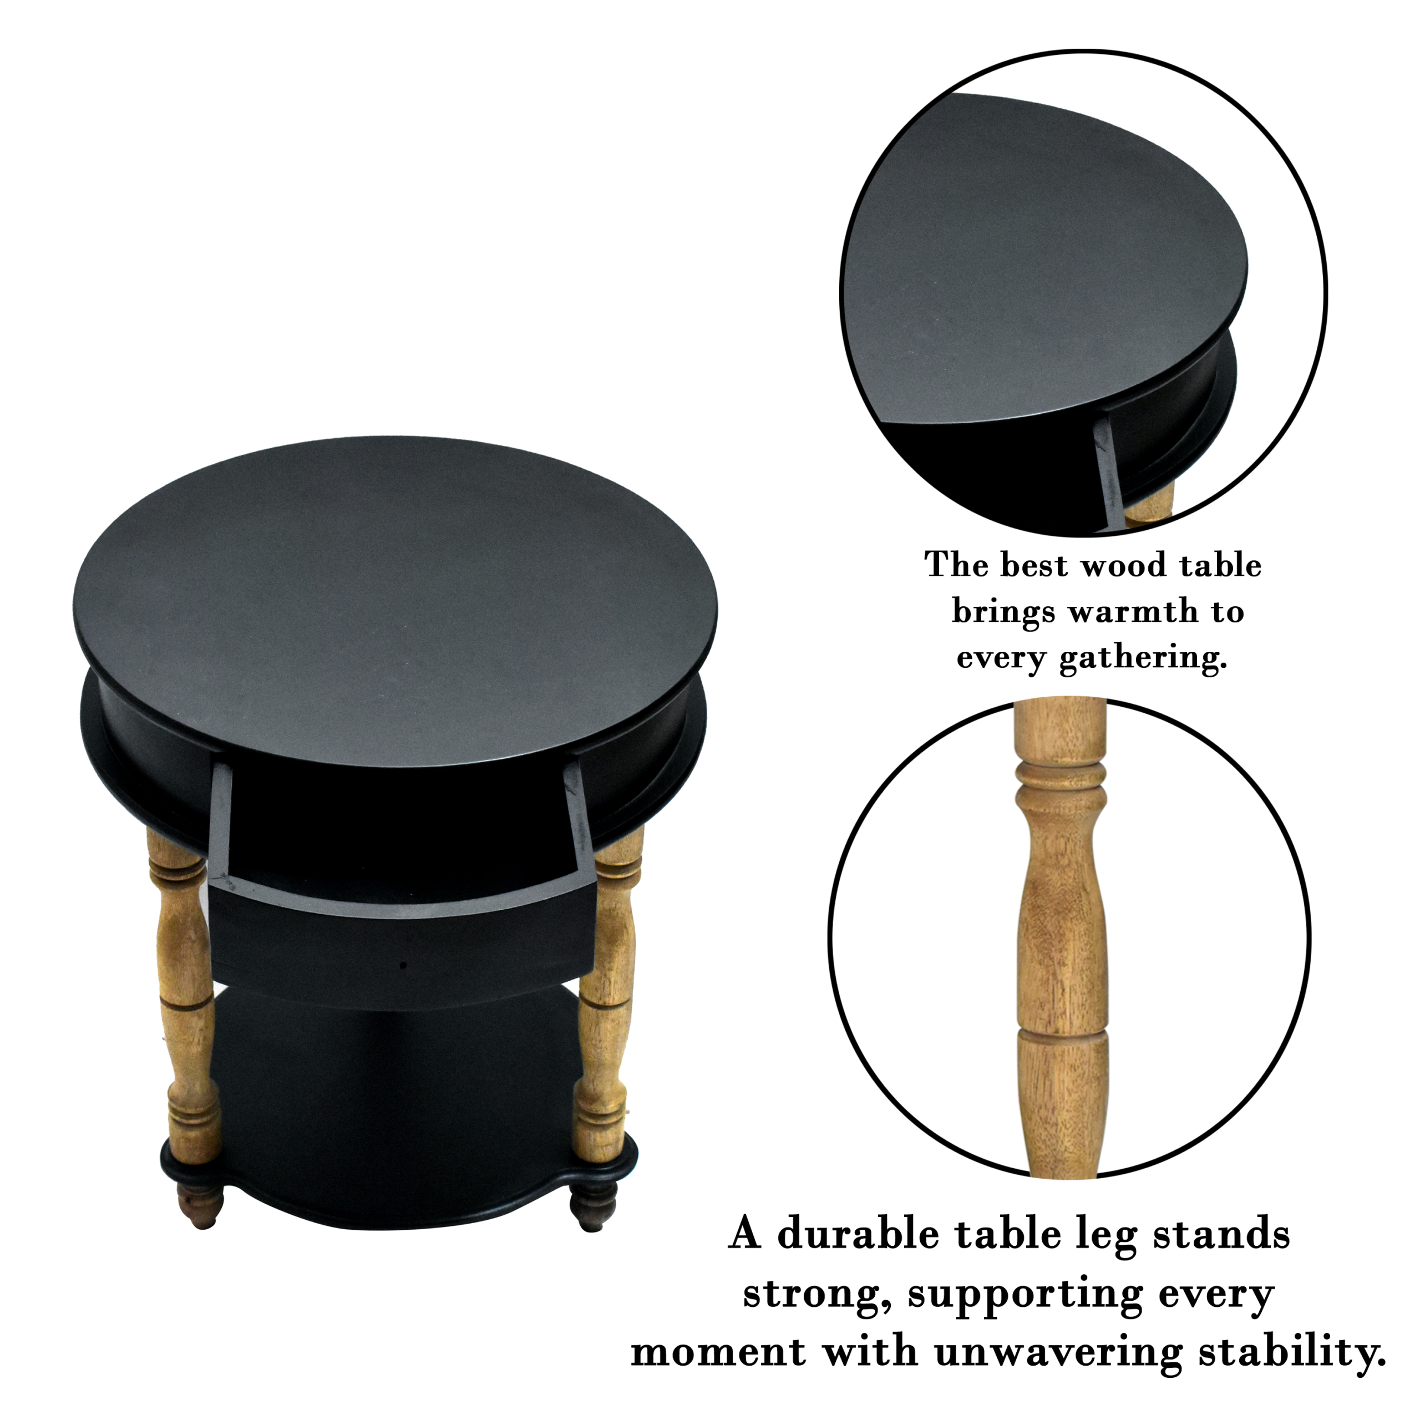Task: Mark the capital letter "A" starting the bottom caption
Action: click(745, 1234)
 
